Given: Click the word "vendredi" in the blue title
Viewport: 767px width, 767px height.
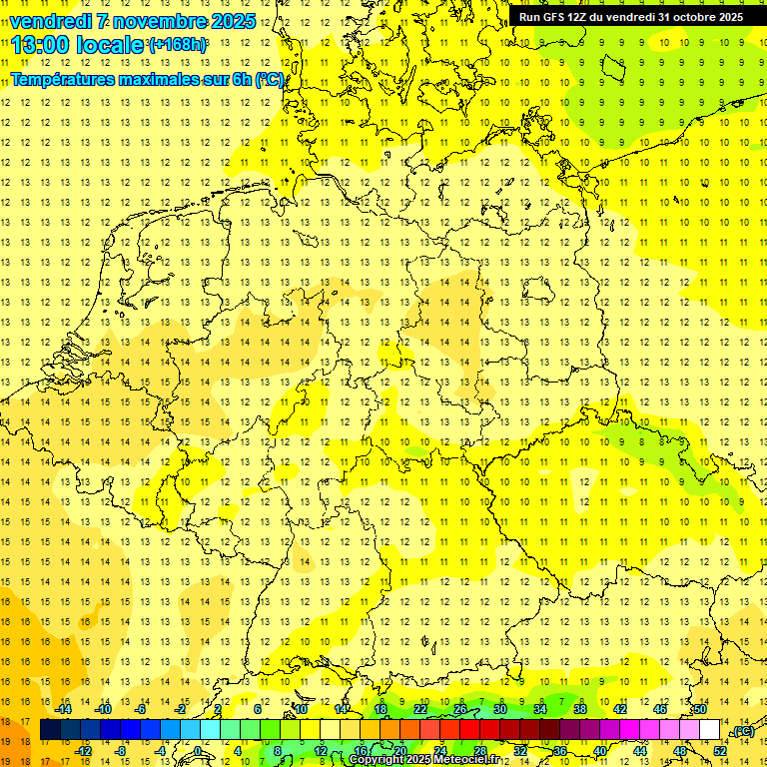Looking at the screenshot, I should (x=51, y=21).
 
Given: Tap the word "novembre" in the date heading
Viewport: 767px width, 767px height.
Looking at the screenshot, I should (x=158, y=21).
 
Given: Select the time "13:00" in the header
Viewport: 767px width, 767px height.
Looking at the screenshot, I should (x=43, y=45).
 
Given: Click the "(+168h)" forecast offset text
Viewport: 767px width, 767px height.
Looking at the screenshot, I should (x=179, y=45).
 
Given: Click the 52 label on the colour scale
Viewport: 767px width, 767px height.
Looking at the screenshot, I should (x=720, y=751).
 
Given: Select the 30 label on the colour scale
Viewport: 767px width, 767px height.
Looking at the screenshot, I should (x=499, y=709).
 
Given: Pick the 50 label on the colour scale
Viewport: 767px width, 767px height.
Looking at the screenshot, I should (x=700, y=709).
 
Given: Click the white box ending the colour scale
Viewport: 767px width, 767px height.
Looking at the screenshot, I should (x=710, y=730).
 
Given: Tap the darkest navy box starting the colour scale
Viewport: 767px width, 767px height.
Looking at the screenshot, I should (x=50, y=730).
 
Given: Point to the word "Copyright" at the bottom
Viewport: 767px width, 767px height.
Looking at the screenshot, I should (x=377, y=760).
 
